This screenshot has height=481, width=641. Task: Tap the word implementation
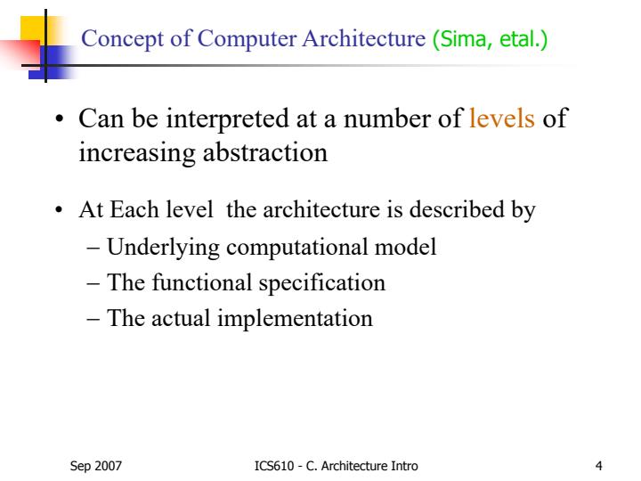(296, 318)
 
